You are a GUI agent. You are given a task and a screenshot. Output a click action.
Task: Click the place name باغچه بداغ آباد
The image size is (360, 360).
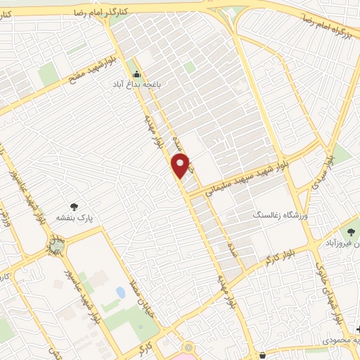coord(135,84)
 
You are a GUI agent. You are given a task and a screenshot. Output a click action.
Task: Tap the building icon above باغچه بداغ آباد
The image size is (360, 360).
coord(136,73)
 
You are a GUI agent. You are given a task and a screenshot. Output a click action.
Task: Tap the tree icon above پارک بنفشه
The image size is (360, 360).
coord(74,207)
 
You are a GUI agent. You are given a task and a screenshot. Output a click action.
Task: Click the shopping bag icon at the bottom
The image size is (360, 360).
coord(262,355)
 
